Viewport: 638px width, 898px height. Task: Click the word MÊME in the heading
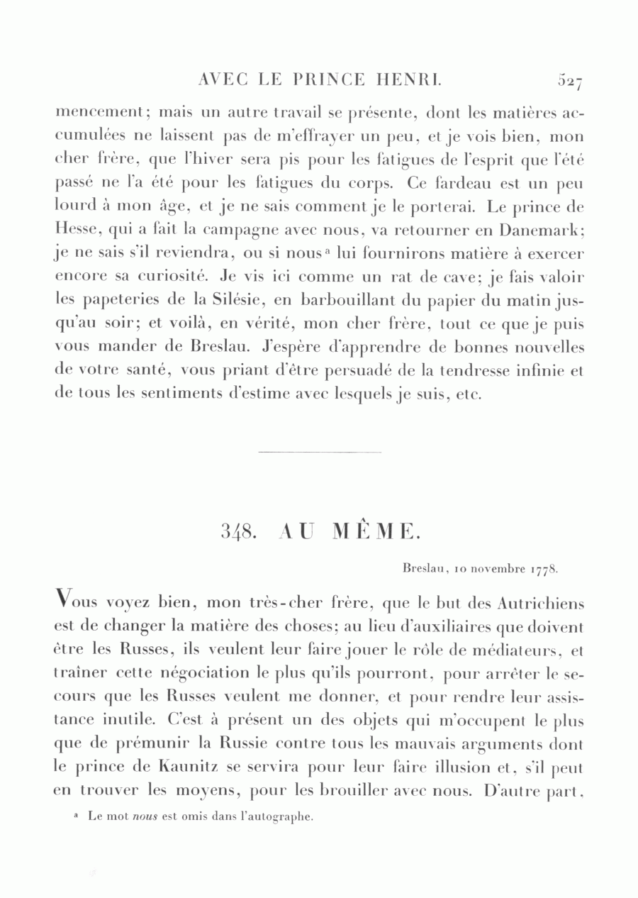[x=376, y=531]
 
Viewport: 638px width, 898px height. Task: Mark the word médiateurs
[x=521, y=650]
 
